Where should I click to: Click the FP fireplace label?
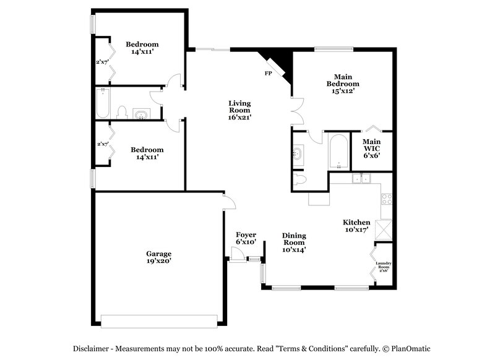coord(268,74)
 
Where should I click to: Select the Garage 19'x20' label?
coord(158,257)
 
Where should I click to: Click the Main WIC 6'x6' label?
coord(371,148)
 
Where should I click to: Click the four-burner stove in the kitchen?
coord(387,199)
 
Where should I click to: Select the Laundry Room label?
coord(384,267)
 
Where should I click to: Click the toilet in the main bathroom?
coord(300,180)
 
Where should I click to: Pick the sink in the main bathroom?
coord(298,153)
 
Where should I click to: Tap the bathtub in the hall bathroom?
coord(103,103)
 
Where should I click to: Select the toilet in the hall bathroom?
coord(123,113)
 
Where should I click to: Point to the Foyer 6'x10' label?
coord(246,238)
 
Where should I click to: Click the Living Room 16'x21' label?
coord(239,110)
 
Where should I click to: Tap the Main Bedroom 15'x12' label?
coord(342,83)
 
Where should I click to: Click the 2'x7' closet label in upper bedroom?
coord(102,62)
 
